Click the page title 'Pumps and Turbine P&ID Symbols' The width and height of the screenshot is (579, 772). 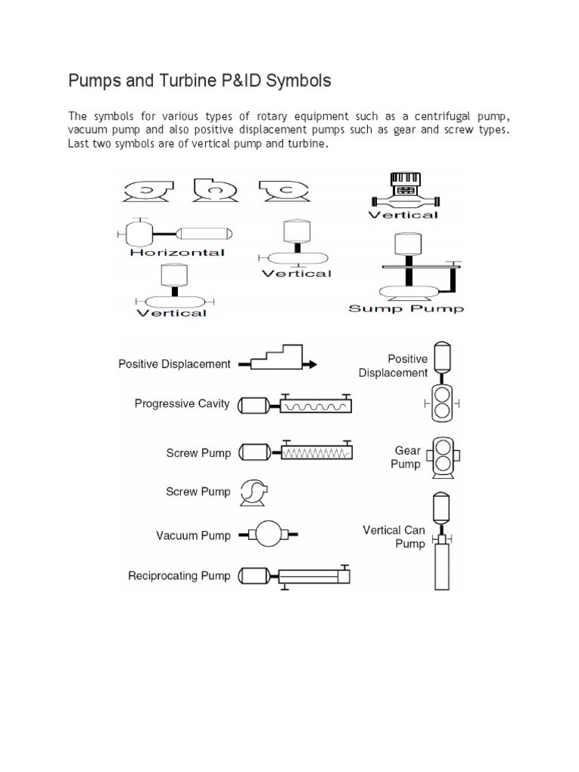(x=199, y=81)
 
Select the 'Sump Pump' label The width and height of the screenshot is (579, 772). (x=406, y=308)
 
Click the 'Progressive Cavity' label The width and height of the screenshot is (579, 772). (x=182, y=404)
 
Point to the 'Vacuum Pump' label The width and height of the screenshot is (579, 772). (x=193, y=536)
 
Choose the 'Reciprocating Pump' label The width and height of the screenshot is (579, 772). (x=178, y=577)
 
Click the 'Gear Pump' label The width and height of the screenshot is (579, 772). (x=406, y=458)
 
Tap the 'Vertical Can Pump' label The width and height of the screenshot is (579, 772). (x=394, y=537)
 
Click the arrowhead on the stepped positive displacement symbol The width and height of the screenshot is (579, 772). (x=311, y=364)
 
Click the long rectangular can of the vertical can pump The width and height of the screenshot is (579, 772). (x=443, y=565)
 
